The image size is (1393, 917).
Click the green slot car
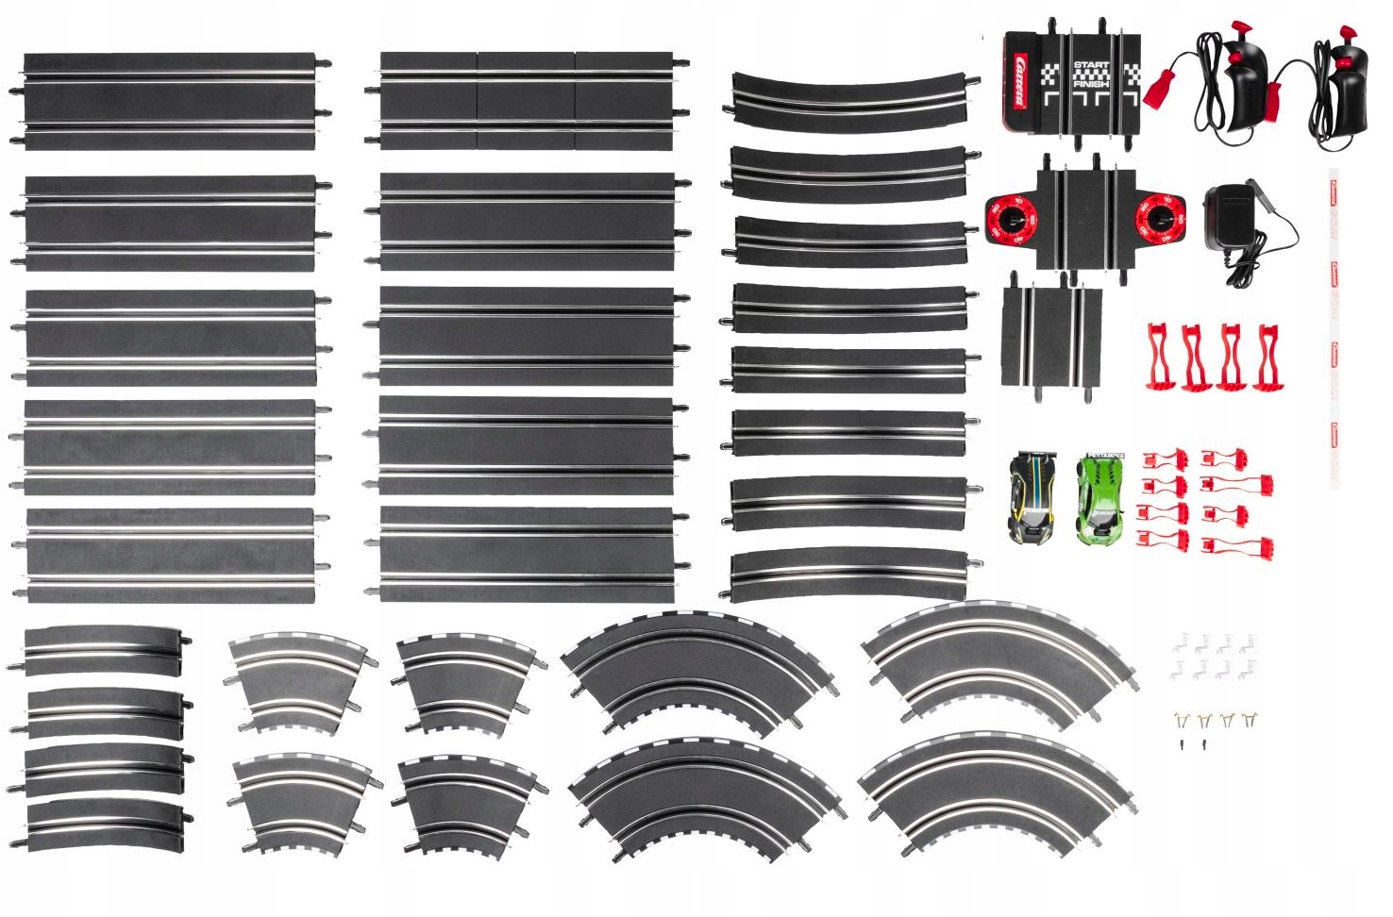click(x=1100, y=499)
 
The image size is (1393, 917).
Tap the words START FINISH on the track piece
click(x=1091, y=75)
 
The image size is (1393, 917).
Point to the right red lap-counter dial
click(x=1160, y=218)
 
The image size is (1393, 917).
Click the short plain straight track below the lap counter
click(x=1051, y=336)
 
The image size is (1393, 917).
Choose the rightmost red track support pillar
click(x=1266, y=357)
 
